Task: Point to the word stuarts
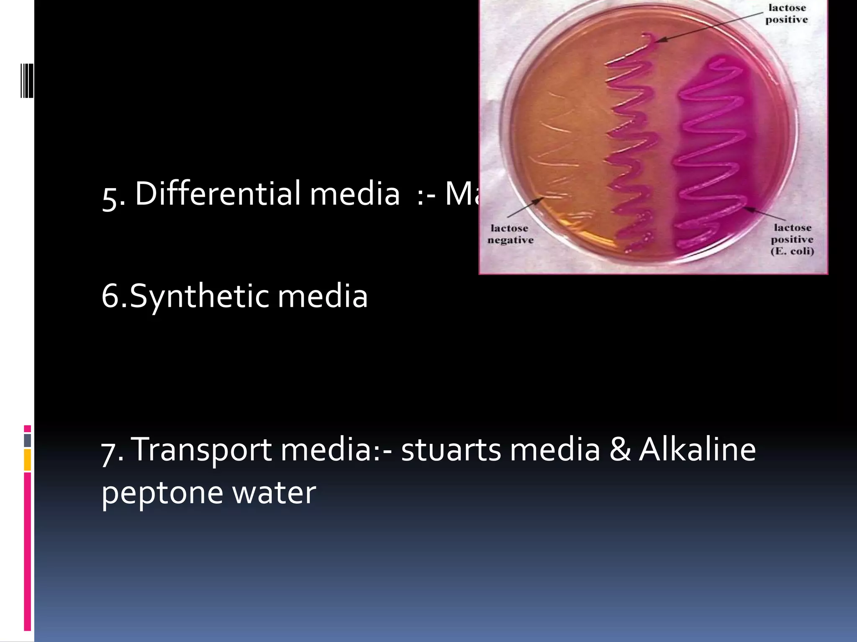[451, 450]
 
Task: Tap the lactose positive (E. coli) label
[792, 239]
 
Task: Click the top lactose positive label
[787, 14]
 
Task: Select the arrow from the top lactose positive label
[707, 28]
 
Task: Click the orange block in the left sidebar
[28, 460]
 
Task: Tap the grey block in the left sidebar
[28, 440]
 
